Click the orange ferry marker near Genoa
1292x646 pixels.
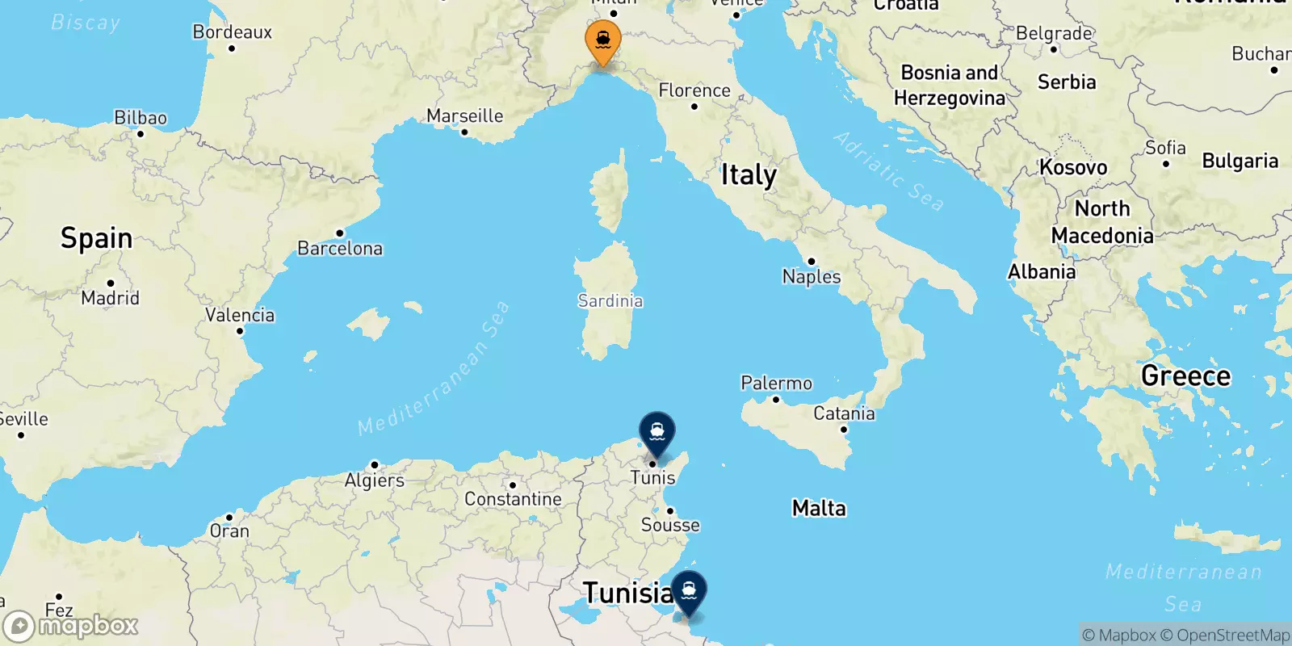tap(602, 40)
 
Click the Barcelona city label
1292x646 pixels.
tap(340, 248)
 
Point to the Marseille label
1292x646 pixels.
tap(464, 116)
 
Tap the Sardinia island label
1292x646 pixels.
tap(610, 301)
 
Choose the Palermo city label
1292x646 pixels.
tap(776, 383)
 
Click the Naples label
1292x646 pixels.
tap(812, 276)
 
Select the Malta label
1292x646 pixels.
tap(819, 508)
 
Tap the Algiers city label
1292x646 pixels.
tap(375, 480)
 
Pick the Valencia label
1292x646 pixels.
tap(240, 315)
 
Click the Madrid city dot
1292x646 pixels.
tap(110, 283)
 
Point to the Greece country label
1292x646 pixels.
tap(1185, 375)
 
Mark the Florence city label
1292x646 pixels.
tap(694, 90)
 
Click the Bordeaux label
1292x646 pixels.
tap(233, 32)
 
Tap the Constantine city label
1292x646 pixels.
tap(513, 499)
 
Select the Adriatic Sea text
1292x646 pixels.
tap(888, 171)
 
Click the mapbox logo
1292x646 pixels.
tap(71, 626)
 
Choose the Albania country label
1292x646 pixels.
tap(1042, 271)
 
